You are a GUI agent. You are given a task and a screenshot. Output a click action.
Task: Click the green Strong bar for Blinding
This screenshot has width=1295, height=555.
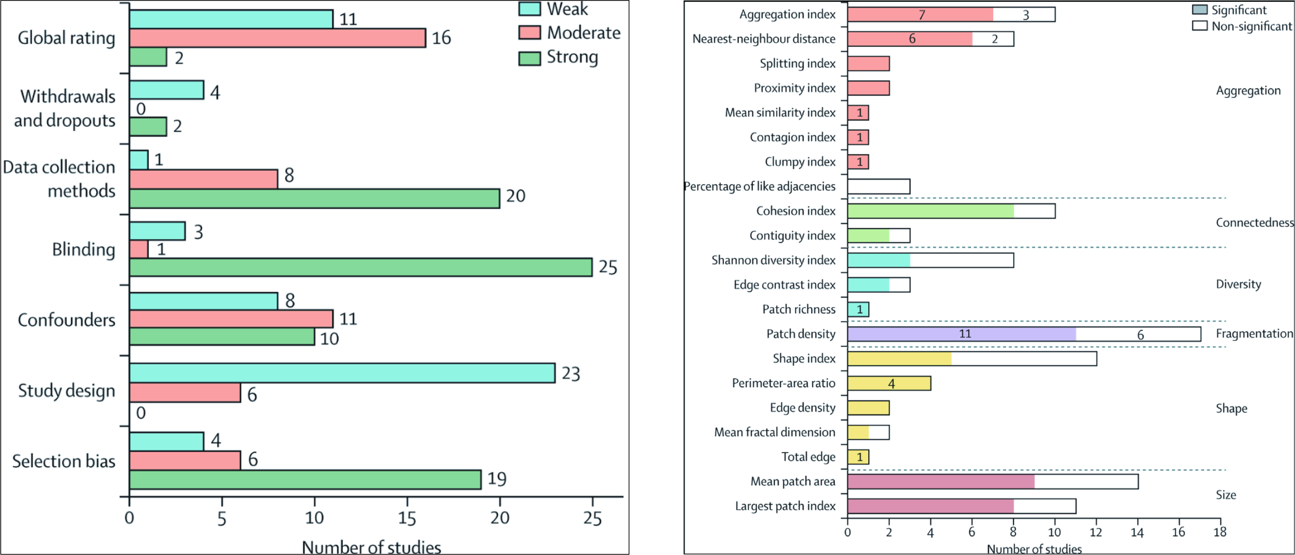pos(360,267)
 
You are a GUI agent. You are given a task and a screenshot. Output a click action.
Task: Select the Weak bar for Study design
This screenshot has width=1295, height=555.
pos(342,373)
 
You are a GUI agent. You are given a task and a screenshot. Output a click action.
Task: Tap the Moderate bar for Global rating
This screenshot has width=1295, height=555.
pos(278,38)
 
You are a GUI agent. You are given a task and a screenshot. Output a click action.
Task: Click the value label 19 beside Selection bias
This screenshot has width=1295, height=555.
pos(497,479)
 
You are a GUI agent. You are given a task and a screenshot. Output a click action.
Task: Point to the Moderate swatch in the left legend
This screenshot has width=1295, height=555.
pos(530,33)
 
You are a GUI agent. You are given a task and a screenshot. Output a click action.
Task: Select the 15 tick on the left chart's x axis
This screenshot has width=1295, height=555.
pos(407,518)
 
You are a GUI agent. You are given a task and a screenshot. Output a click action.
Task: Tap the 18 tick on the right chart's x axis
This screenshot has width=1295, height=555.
pos(1220,532)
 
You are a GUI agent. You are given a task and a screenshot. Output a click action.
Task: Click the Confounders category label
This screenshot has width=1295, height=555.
pos(66,320)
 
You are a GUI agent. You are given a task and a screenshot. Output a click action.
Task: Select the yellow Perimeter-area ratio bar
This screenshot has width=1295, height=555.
pos(889,383)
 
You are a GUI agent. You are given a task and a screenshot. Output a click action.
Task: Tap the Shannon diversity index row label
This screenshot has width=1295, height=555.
pos(773,260)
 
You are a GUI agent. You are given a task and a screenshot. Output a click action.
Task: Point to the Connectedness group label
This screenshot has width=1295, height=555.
pos(1254,223)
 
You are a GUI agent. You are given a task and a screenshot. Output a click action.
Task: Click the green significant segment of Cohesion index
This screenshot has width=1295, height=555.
pos(930,211)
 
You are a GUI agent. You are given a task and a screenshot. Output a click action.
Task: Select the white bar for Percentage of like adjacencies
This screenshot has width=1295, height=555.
pos(878,187)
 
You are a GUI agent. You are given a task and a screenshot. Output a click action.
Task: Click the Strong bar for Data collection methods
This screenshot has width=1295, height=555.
pos(314,198)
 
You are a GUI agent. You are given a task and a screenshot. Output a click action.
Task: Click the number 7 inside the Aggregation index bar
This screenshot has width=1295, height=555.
pos(921,14)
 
